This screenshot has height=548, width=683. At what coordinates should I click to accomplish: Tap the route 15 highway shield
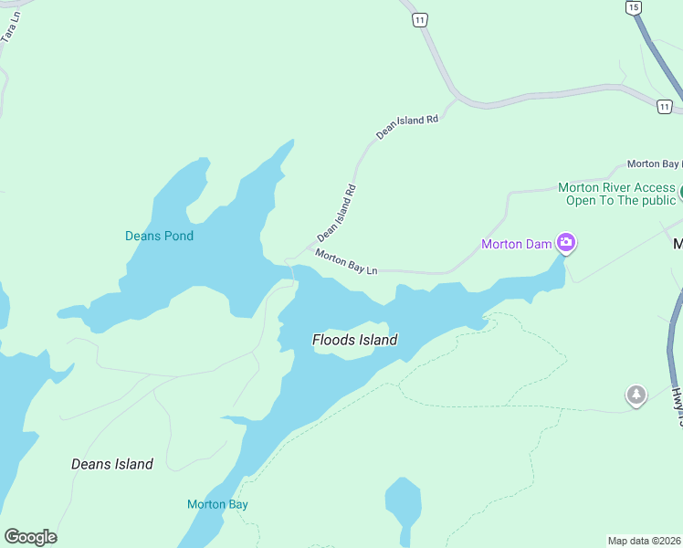[633, 7]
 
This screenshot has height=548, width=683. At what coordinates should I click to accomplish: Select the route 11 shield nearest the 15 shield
[664, 107]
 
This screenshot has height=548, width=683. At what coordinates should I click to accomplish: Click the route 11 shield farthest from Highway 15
[419, 19]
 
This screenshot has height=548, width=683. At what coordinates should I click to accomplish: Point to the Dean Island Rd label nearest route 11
[407, 126]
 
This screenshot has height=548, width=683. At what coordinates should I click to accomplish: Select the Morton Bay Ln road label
[346, 262]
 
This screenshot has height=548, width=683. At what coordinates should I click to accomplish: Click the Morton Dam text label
[517, 244]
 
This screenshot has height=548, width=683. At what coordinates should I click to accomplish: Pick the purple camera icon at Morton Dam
[566, 243]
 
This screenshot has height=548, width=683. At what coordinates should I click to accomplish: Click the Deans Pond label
[159, 236]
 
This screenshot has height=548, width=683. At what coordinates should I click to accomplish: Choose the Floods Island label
[354, 340]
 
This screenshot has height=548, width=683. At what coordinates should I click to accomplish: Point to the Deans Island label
[112, 464]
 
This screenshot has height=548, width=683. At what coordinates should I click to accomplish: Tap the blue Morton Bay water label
[217, 504]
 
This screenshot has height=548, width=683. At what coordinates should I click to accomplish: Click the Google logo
[30, 537]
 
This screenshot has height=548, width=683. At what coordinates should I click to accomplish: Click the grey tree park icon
[636, 395]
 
